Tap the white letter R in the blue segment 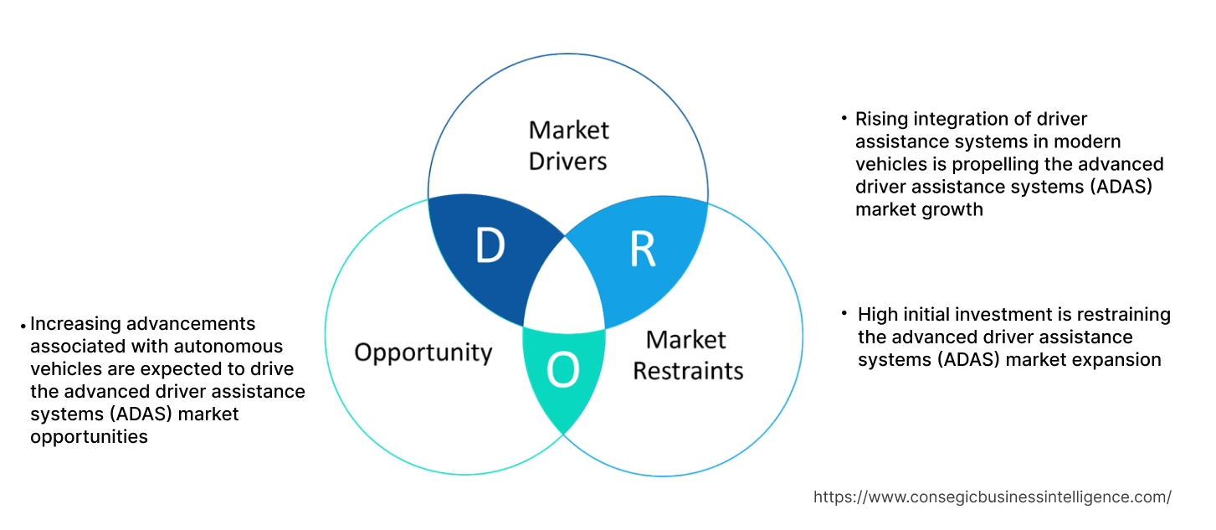pyautogui.click(x=642, y=249)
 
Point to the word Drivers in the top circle pyautogui.click(x=568, y=161)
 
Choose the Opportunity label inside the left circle pyautogui.click(x=423, y=352)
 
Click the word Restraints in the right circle pyautogui.click(x=688, y=370)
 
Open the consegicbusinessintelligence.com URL pyautogui.click(x=992, y=497)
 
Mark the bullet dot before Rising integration pyautogui.click(x=844, y=119)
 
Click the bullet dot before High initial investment pyautogui.click(x=845, y=314)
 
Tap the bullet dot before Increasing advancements pyautogui.click(x=23, y=324)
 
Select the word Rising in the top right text pyautogui.click(x=880, y=119)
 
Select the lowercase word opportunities pyautogui.click(x=89, y=437)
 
